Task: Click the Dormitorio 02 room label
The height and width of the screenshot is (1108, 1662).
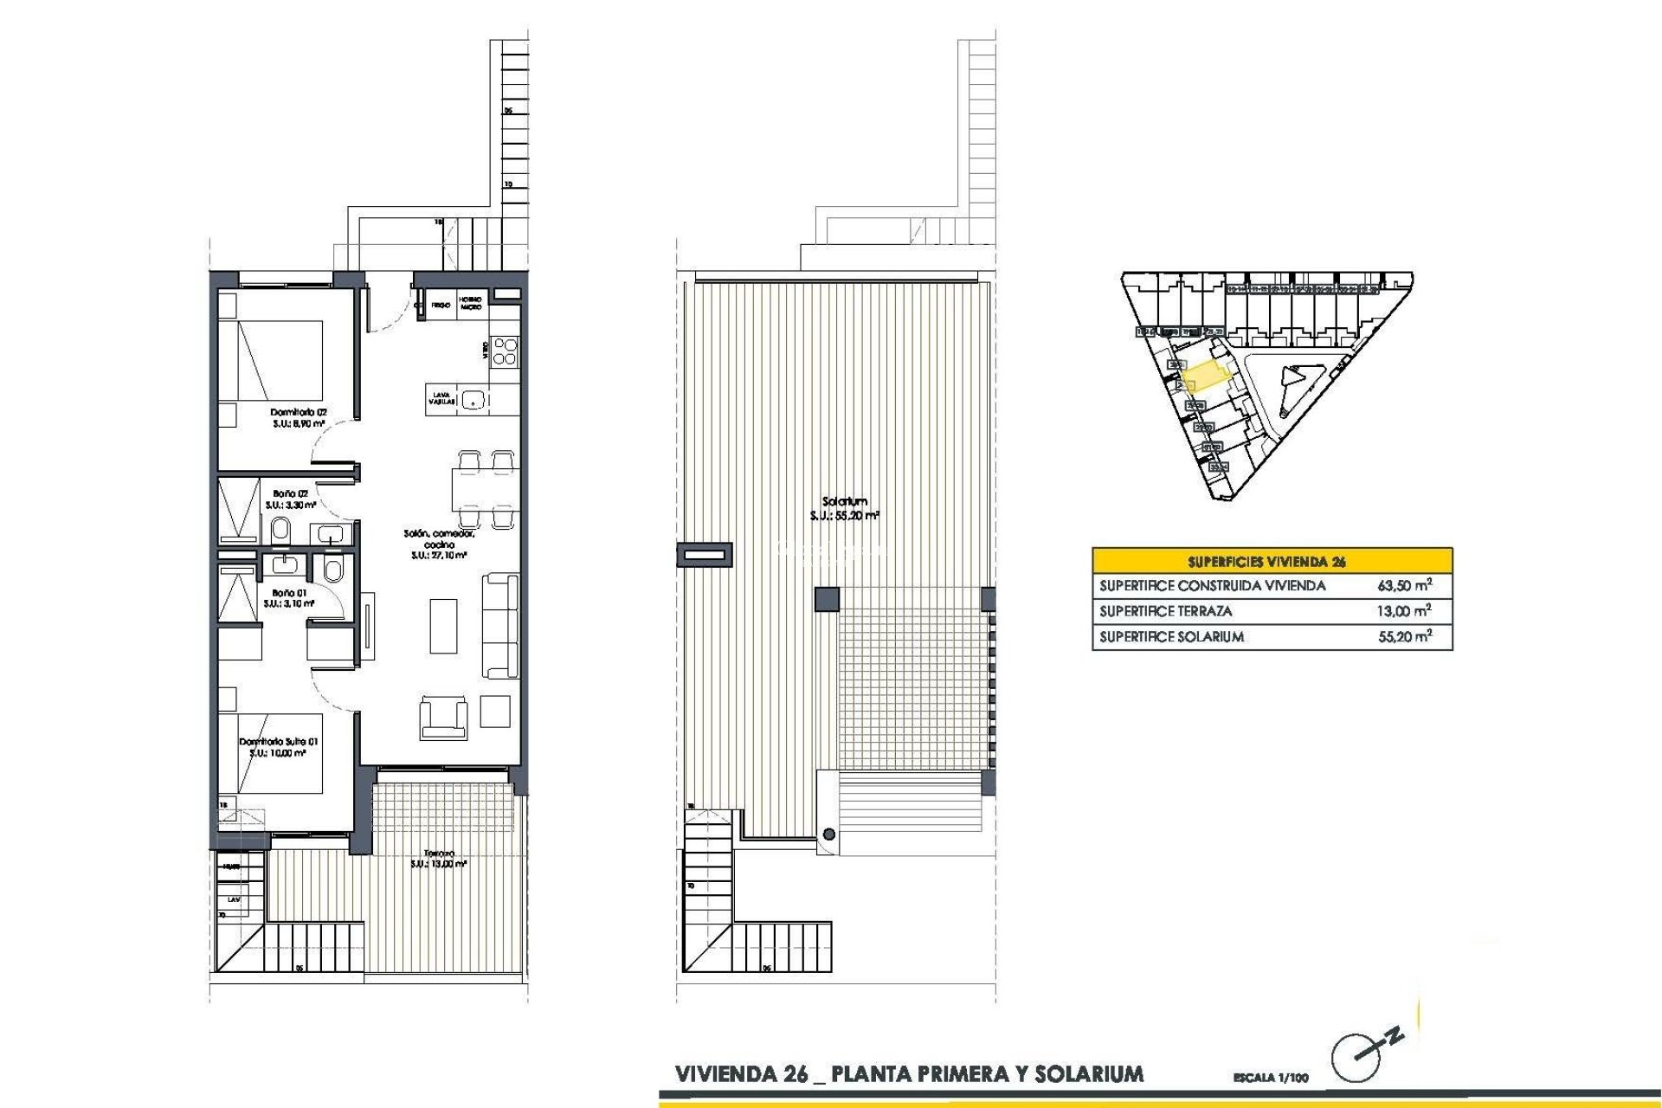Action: (x=298, y=413)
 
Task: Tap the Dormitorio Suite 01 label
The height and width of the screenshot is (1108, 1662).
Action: (x=279, y=742)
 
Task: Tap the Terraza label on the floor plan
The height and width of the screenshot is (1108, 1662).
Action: (x=439, y=854)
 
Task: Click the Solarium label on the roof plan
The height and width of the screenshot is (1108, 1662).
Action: (x=844, y=501)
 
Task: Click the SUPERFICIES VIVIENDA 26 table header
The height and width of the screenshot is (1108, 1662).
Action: (x=1272, y=561)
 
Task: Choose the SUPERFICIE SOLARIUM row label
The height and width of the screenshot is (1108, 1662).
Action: (x=1171, y=637)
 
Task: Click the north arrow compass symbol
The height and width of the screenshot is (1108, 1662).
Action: (x=1359, y=1055)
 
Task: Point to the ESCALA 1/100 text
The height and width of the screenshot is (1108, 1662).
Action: (x=1271, y=1078)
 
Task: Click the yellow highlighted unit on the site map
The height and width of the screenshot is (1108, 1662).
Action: (x=1206, y=377)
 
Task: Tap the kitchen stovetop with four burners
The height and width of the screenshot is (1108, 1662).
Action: (x=505, y=351)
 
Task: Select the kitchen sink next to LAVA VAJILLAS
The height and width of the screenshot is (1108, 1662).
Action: (x=473, y=399)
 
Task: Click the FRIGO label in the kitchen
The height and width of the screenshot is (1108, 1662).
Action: (x=441, y=306)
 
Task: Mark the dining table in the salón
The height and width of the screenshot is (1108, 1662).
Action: (x=484, y=488)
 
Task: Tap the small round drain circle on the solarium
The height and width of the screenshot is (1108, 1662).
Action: (x=829, y=834)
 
